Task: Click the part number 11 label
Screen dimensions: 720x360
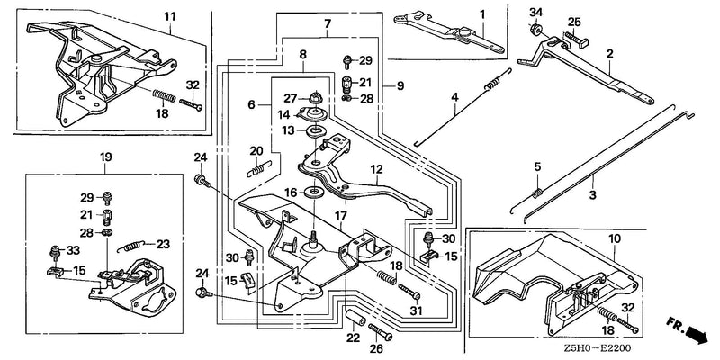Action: pyautogui.click(x=170, y=17)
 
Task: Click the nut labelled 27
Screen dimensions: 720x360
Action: pyautogui.click(x=317, y=97)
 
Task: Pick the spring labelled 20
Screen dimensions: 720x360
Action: pyautogui.click(x=260, y=167)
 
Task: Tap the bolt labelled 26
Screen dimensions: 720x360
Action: pyautogui.click(x=380, y=331)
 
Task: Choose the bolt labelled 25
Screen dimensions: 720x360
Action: pyautogui.click(x=577, y=40)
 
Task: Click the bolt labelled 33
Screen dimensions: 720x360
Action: pyautogui.click(x=54, y=252)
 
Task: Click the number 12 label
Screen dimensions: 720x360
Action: pyautogui.click(x=376, y=169)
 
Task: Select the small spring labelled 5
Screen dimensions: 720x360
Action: pyautogui.click(x=537, y=193)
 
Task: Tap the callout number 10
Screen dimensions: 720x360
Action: pyautogui.click(x=615, y=238)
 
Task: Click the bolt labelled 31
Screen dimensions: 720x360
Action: pyautogui.click(x=409, y=292)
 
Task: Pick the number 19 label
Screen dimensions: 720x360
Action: pyautogui.click(x=105, y=157)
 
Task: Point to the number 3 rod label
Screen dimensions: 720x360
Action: pyautogui.click(x=593, y=194)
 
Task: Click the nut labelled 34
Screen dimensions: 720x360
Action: pyautogui.click(x=535, y=30)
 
